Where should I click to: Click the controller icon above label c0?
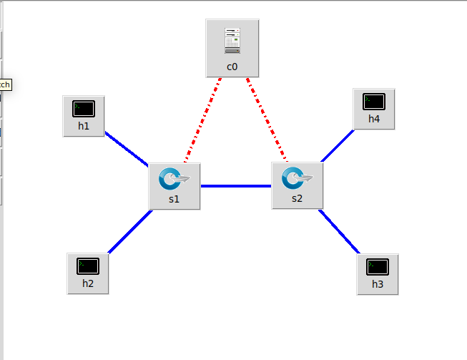(232, 41)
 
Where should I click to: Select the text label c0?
(232, 67)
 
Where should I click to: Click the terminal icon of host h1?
(84, 109)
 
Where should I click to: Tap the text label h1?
(84, 126)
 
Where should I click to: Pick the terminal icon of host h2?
(88, 266)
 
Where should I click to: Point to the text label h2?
(88, 283)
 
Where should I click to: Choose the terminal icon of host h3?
(378, 267)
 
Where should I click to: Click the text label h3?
(378, 284)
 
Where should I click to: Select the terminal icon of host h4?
(374, 102)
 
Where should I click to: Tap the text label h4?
(374, 119)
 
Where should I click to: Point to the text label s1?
(174, 199)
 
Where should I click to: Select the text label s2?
(298, 198)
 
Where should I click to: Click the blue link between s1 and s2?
(236, 186)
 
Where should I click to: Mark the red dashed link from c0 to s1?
(203, 120)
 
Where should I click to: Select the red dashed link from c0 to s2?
(265, 120)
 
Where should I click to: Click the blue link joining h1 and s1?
(127, 148)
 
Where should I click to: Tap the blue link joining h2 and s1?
(129, 232)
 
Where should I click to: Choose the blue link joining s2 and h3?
(340, 231)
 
